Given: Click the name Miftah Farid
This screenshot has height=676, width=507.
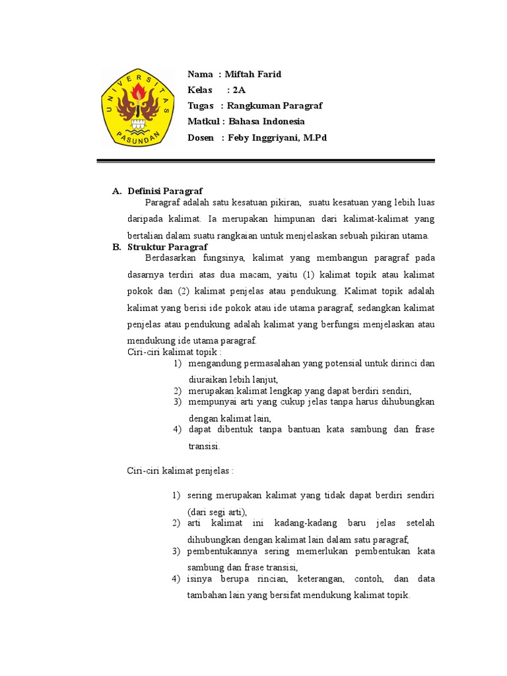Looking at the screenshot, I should pyautogui.click(x=253, y=74).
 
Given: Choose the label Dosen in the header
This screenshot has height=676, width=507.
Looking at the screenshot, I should pyautogui.click(x=201, y=137).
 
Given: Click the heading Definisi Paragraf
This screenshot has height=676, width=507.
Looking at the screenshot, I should pyautogui.click(x=165, y=191).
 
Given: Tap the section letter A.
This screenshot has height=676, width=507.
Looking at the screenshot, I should pyautogui.click(x=116, y=191).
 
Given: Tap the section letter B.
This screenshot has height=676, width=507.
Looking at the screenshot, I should pyautogui.click(x=116, y=247).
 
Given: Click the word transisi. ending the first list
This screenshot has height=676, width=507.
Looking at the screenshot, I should pyautogui.click(x=204, y=446).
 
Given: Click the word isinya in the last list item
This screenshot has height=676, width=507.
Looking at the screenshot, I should pyautogui.click(x=199, y=579).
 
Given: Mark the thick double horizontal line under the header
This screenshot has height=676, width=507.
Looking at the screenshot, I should pyautogui.click(x=266, y=160).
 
